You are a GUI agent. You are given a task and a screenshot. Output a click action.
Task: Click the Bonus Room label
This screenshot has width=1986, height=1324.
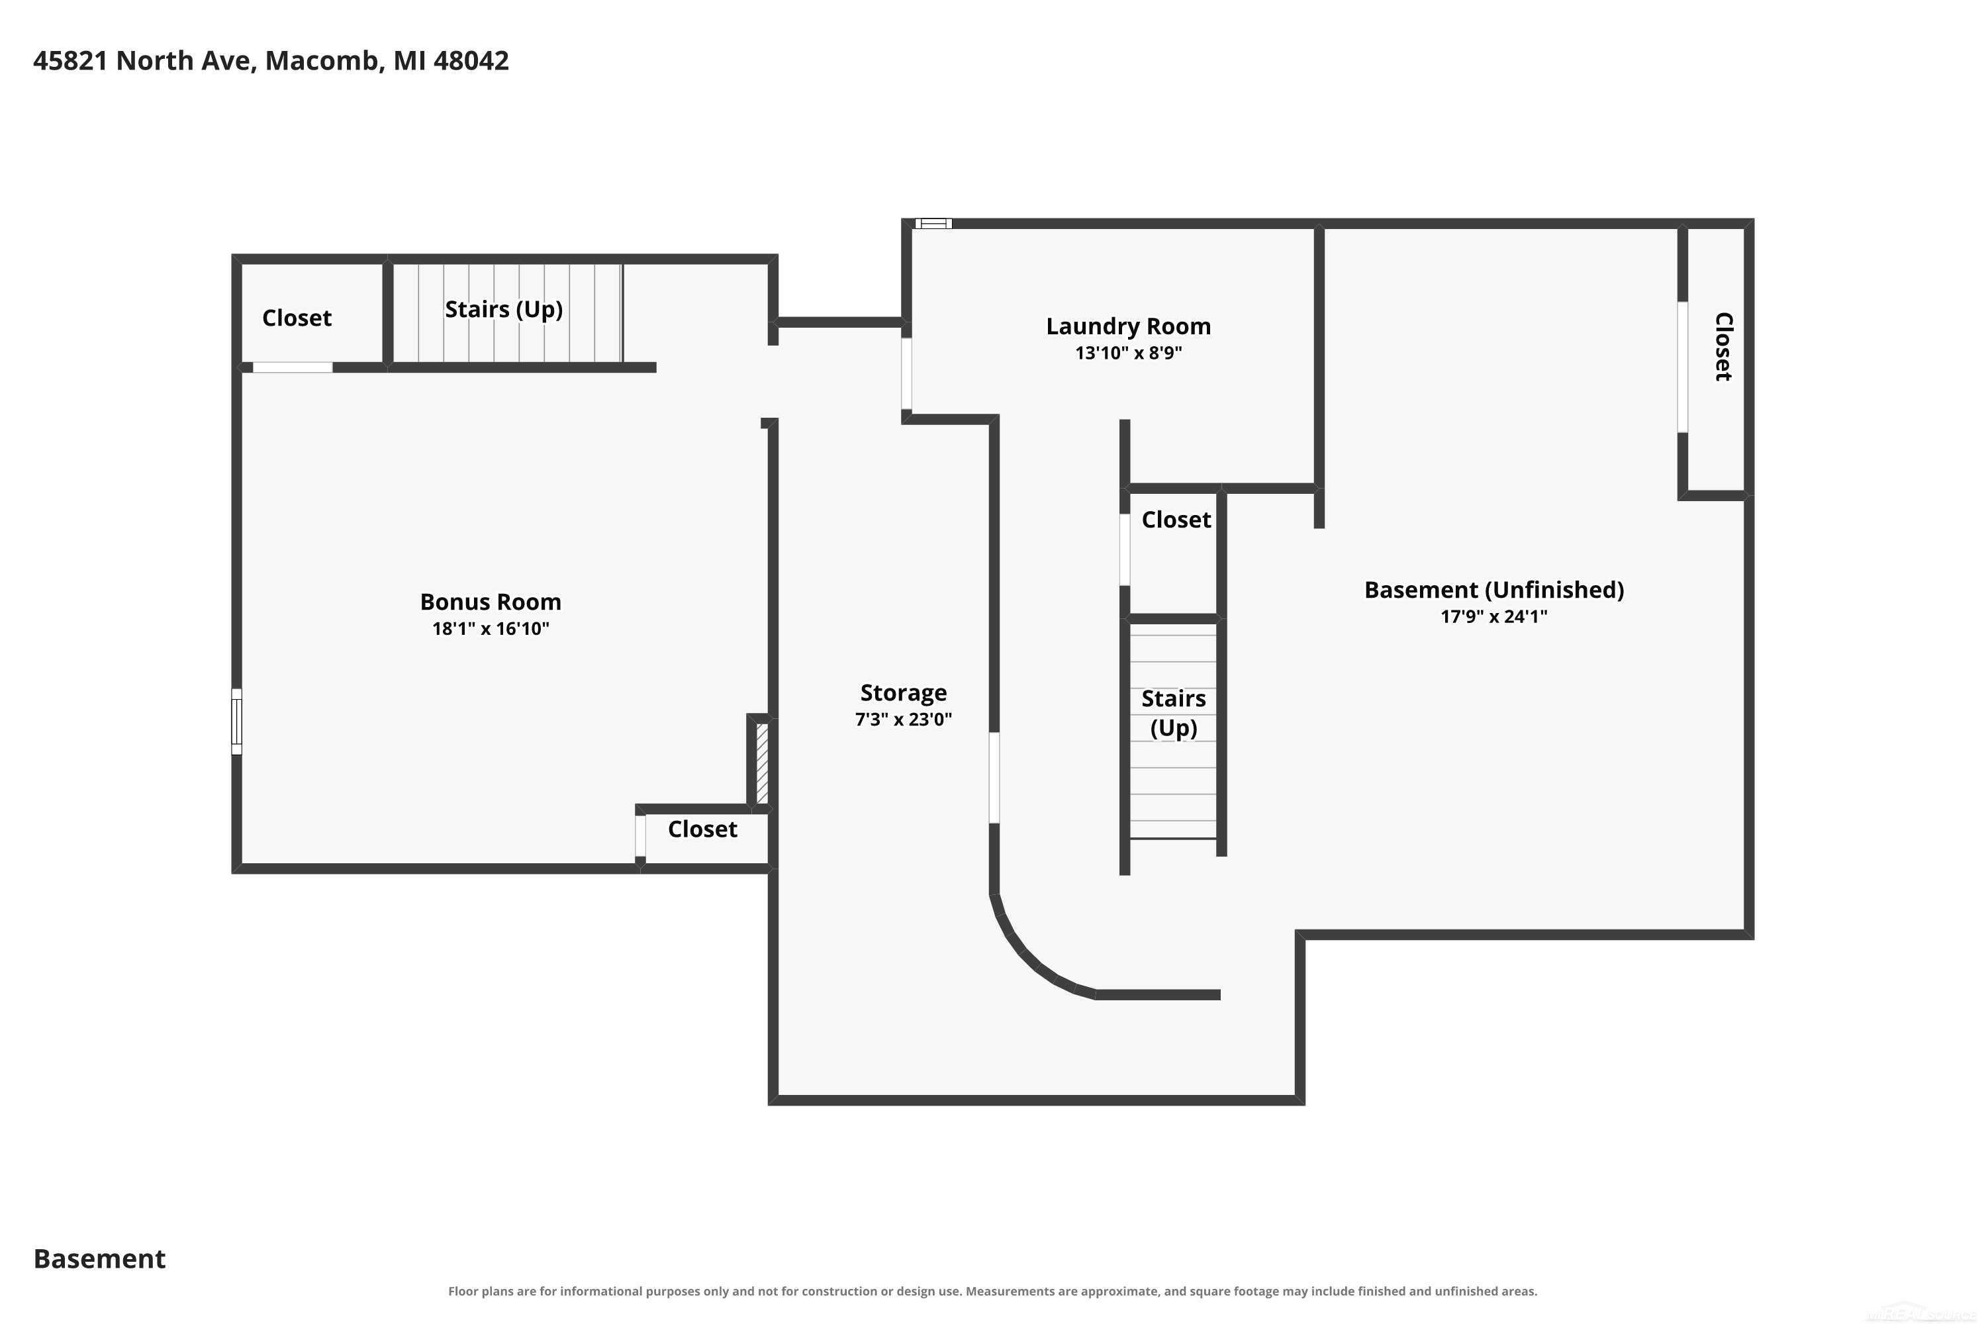click(491, 602)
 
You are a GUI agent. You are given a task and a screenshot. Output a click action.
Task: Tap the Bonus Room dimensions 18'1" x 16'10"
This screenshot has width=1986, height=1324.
click(491, 628)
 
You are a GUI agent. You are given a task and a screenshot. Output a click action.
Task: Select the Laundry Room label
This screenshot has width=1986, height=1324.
click(1128, 327)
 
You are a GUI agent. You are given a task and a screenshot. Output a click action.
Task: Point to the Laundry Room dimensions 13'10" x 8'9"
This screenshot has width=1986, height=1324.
click(1128, 353)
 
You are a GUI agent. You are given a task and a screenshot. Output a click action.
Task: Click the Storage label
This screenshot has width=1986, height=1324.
click(904, 693)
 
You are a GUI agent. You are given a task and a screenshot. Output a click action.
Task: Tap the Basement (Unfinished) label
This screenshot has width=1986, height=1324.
click(1493, 591)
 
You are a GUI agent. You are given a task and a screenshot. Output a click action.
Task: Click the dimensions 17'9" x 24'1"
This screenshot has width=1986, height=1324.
click(1493, 616)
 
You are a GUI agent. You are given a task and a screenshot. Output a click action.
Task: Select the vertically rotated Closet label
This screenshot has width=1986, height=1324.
click(1723, 347)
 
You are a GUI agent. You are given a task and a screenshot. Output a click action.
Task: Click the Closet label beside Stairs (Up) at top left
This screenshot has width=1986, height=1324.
click(297, 318)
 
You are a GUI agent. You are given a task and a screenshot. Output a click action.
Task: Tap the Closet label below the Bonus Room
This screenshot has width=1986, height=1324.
click(702, 829)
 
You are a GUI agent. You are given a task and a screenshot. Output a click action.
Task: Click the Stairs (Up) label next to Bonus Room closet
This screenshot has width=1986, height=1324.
click(504, 310)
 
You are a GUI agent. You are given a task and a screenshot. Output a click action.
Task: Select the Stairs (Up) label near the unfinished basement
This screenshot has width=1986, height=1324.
click(1174, 714)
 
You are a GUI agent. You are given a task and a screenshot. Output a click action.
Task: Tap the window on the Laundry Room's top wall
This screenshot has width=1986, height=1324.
click(933, 224)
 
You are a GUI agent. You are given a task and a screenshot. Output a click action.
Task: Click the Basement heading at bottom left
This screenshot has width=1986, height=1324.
click(100, 1259)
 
